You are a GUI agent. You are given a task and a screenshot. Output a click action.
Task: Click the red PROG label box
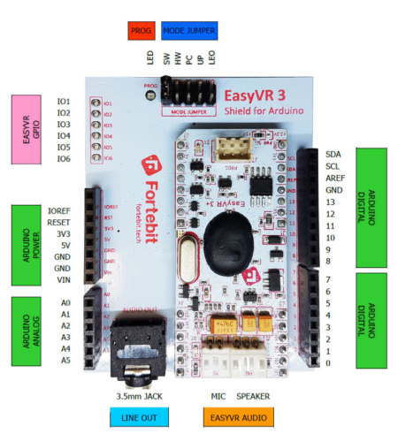tap(141, 31)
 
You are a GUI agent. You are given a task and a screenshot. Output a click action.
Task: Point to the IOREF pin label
tap(58, 211)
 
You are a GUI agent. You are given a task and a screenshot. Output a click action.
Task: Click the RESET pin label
tap(58, 223)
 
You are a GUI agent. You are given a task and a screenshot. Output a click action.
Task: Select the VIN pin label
tap(63, 279)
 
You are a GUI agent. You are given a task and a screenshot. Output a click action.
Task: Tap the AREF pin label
tap(335, 178)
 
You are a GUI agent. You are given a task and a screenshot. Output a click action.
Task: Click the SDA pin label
tap(333, 154)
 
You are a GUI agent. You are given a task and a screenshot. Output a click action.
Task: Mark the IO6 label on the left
tap(63, 158)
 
